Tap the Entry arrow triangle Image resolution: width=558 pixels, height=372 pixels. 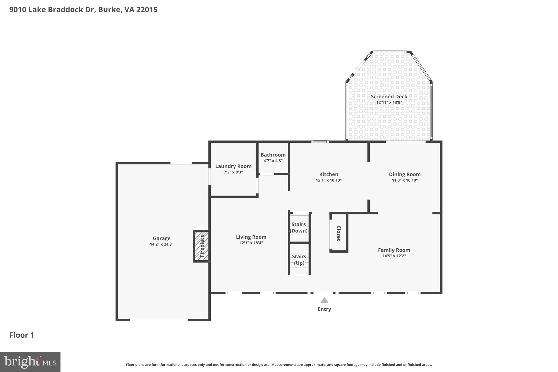tap(324, 300)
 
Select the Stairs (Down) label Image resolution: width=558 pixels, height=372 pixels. tap(299, 228)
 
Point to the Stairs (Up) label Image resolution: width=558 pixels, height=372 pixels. tap(299, 260)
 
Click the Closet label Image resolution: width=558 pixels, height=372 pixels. tap(339, 233)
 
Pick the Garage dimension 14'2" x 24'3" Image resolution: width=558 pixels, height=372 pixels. tap(162, 244)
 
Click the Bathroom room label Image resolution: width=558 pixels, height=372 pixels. tap(273, 155)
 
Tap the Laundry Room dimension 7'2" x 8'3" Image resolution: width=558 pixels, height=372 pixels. tap(233, 172)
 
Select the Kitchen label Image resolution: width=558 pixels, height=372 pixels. tap(329, 174)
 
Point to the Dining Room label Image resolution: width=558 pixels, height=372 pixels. tap(405, 174)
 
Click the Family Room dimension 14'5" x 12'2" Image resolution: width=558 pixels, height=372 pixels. tap(394, 256)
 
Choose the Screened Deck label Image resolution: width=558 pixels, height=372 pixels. tap(389, 96)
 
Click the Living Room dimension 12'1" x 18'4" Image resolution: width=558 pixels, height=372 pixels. tap(251, 243)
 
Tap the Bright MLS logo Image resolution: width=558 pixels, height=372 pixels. tap(30, 362)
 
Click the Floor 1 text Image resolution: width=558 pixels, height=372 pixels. tap(22, 335)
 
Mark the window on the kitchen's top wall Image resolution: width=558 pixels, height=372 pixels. tap(320, 142)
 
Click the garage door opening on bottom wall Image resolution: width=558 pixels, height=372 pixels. tap(159, 320)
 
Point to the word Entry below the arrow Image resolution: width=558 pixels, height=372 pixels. tap(324, 309)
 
